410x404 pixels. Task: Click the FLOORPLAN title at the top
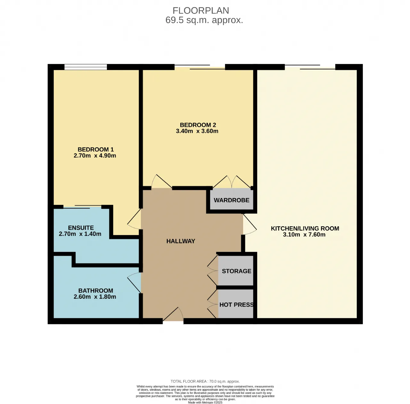coord(201,11)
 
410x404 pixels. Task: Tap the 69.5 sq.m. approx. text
coord(204,20)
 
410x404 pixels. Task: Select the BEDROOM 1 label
coord(95,149)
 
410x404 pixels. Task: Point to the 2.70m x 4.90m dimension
coord(95,156)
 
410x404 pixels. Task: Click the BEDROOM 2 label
coord(198,125)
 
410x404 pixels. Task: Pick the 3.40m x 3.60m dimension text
coord(197,131)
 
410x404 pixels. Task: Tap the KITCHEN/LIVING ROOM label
coord(305,229)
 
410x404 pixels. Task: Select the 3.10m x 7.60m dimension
coord(304,235)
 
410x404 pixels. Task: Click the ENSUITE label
coord(81,228)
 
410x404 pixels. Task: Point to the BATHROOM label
coord(96,291)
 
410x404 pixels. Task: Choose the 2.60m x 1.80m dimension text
coord(95,296)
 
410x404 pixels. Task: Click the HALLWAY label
coord(181,241)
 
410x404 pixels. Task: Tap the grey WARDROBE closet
coord(232,200)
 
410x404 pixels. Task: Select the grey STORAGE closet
coord(236,271)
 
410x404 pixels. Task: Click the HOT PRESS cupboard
coord(236,304)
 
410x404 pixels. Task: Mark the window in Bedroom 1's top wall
coord(86,67)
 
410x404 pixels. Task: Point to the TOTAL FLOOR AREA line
coord(205,382)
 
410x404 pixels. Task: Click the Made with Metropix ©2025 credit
coord(205,402)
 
